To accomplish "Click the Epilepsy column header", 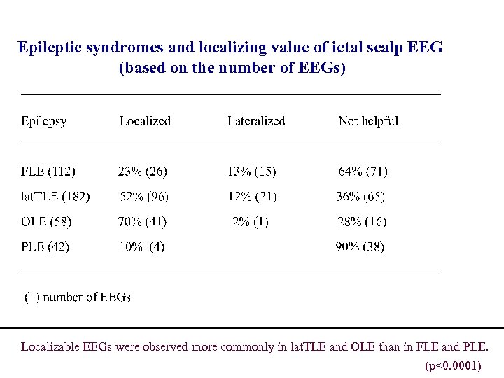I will coord(43,121).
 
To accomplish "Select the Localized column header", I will coord(145,121).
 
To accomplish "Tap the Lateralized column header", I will coord(256,121).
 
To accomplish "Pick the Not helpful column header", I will coord(368,121).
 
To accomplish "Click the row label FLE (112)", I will coord(48,171).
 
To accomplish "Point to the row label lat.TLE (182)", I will coord(55,197).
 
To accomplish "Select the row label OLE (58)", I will coord(46,222).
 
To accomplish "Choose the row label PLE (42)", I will coord(45,247).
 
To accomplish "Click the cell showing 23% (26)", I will coord(142,171).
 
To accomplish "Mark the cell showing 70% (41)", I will coord(142,222).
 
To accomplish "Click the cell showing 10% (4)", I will coord(141,247).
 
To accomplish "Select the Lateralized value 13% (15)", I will coord(252,171).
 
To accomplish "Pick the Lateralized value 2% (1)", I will coord(250,222).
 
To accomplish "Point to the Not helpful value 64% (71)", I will coord(363,171).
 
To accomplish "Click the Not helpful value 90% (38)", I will coord(360,247).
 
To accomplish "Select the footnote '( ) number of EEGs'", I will coord(78,297).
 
